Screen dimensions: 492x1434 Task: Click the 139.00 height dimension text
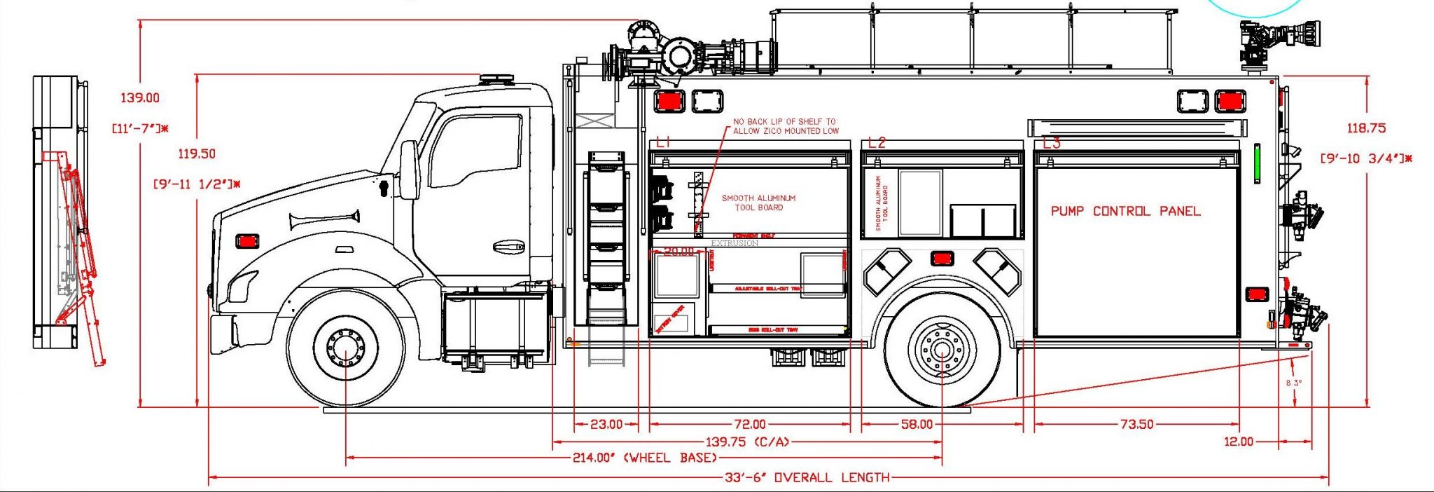139,98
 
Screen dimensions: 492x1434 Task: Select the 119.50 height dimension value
197,153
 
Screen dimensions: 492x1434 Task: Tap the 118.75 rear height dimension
1366,128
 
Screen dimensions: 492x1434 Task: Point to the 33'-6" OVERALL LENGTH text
807,478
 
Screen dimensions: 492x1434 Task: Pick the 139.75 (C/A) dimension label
746,442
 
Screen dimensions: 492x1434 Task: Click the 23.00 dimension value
606,424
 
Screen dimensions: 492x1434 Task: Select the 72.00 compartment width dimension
749,424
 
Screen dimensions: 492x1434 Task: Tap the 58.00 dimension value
917,424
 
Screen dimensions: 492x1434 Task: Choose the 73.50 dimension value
1136,424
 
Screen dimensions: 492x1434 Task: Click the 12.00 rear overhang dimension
1238,442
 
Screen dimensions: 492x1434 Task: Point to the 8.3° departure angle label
1294,383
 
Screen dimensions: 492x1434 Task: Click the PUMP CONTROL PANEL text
1125,211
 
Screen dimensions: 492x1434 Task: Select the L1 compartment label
663,143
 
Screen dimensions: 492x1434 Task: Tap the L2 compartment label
877,143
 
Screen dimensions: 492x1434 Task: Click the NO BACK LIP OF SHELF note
784,126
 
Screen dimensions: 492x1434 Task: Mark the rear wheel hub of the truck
942,349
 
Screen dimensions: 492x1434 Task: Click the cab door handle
508,247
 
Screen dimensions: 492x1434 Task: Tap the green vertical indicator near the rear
1256,163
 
